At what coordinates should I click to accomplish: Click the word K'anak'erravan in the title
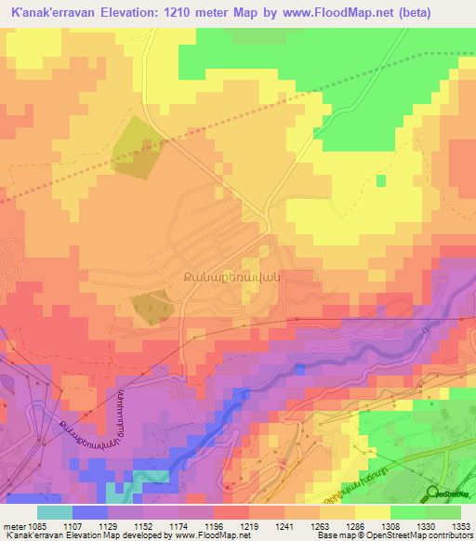(x=55, y=13)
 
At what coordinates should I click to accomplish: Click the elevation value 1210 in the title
(x=183, y=13)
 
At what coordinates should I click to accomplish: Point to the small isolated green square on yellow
(x=381, y=179)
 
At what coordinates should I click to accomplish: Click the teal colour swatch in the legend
(x=55, y=511)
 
